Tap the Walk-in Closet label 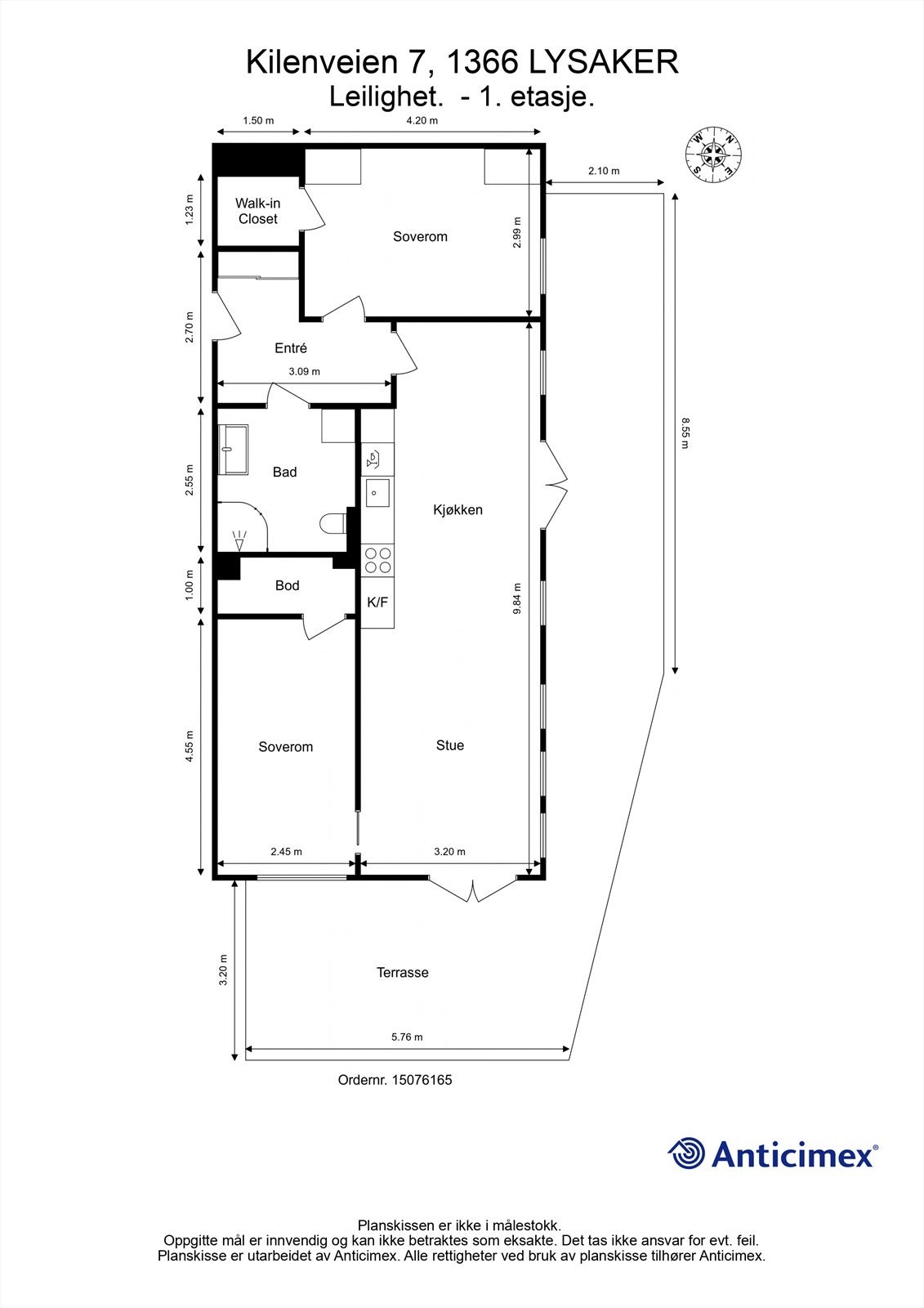257,211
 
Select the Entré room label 291,348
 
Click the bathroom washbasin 233,449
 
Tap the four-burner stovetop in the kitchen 377,560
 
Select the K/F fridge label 377,602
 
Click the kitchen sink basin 377,493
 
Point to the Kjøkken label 458,510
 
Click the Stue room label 450,746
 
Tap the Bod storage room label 287,585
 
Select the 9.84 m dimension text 517,599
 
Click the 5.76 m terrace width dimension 407,1037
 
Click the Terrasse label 402,973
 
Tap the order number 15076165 422,1080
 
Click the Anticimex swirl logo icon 686,1153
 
